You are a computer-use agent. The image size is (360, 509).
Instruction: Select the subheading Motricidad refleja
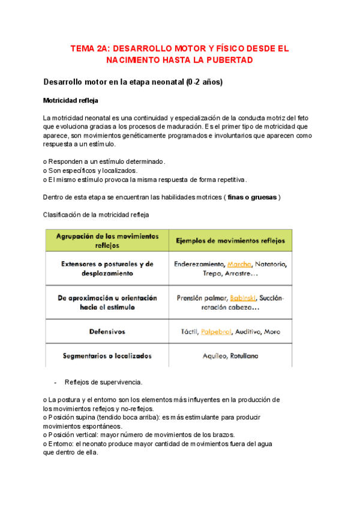point(71,100)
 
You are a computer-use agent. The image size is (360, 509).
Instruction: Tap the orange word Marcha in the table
point(239,264)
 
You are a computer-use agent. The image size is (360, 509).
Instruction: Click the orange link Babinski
point(244,298)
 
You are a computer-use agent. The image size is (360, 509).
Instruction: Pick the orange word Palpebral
point(217,331)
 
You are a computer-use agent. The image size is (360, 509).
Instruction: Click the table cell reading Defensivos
point(107,331)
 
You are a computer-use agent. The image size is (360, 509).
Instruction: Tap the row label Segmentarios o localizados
point(107,356)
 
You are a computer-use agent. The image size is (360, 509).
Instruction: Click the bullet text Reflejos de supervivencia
point(103,382)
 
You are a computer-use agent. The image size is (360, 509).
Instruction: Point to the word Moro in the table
point(271,331)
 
